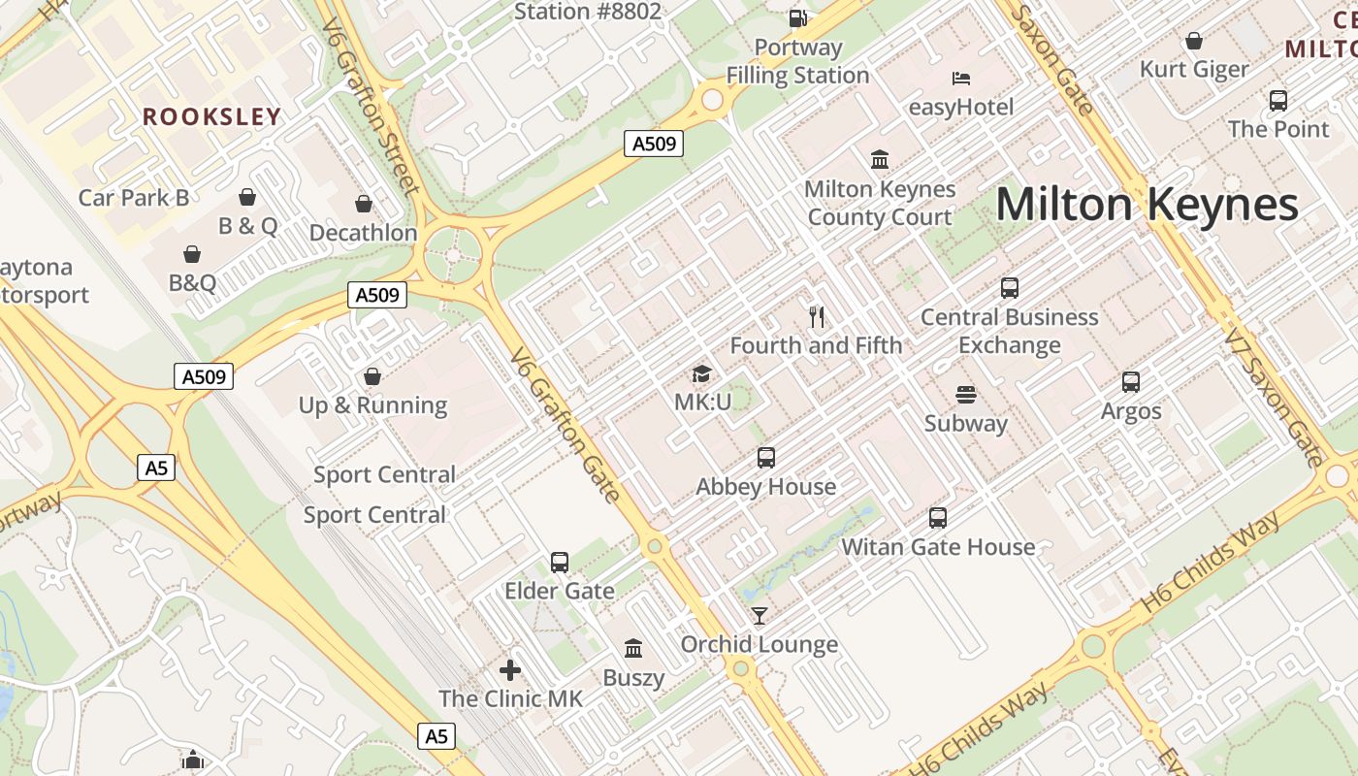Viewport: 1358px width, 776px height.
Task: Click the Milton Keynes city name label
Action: pos(1147,205)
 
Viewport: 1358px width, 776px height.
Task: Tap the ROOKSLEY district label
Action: pos(211,117)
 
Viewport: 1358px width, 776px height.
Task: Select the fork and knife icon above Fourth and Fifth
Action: pos(817,316)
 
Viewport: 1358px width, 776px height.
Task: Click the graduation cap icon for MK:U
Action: pos(701,373)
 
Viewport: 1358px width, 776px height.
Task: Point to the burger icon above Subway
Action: pos(965,395)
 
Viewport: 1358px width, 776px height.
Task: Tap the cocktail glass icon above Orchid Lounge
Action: pos(759,616)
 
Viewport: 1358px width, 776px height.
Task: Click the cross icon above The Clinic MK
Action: pos(510,670)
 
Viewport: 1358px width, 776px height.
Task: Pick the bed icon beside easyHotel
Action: pos(960,79)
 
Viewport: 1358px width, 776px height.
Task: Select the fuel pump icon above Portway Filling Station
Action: pos(797,17)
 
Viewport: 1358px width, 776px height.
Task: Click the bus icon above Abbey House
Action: pos(766,458)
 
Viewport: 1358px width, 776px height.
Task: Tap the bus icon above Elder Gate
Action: pos(560,563)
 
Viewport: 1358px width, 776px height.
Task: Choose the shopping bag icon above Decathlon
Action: pos(364,204)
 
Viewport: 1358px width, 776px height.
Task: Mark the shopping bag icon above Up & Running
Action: pos(372,376)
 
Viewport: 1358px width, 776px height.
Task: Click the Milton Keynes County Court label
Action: pos(880,203)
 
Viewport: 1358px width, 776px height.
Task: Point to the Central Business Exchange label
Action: pos(1009,331)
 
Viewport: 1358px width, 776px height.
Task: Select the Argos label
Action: pos(1131,411)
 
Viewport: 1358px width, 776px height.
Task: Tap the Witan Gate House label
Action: pos(938,547)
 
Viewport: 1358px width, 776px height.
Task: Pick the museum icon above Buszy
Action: pos(633,648)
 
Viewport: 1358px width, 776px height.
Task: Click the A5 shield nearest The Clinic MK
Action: pos(436,736)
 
